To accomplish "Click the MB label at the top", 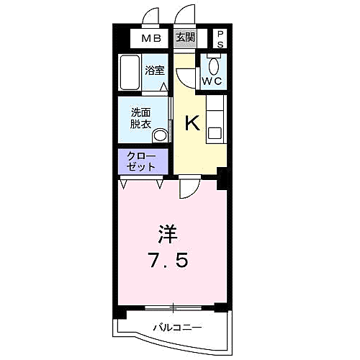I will (x=150, y=39).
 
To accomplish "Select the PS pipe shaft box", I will (x=220, y=39).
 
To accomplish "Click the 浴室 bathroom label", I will (x=155, y=71).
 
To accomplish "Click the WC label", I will (x=212, y=81).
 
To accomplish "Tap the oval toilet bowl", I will (x=214, y=64).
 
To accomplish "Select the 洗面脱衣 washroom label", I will (x=141, y=118).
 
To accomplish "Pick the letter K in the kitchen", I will (x=192, y=124).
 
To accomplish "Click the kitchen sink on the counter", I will (x=215, y=132).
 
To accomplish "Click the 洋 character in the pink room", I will (x=168, y=235).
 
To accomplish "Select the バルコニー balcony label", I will (x=176, y=328).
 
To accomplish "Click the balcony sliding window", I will (x=173, y=308).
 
